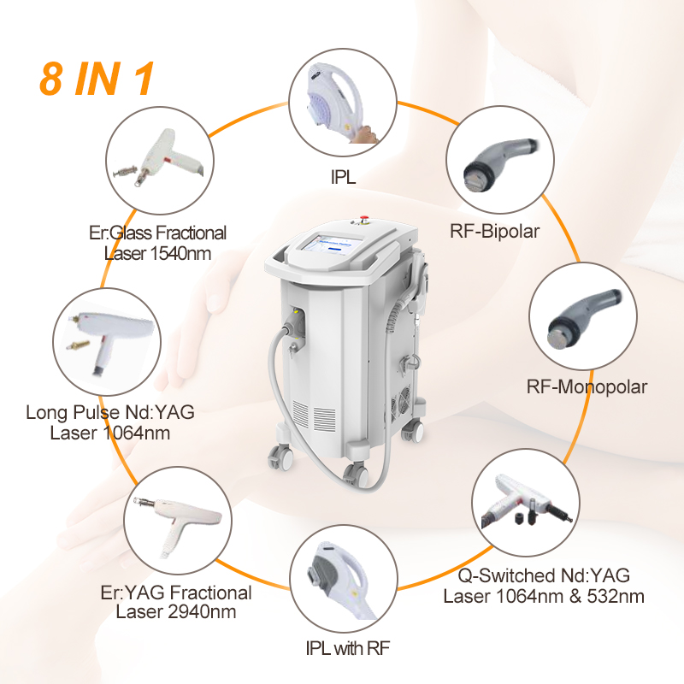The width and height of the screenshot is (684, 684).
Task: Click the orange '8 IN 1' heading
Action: click(x=97, y=78)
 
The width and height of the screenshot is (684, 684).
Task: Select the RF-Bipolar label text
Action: click(x=493, y=230)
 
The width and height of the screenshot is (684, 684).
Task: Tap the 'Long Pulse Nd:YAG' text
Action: click(x=109, y=412)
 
